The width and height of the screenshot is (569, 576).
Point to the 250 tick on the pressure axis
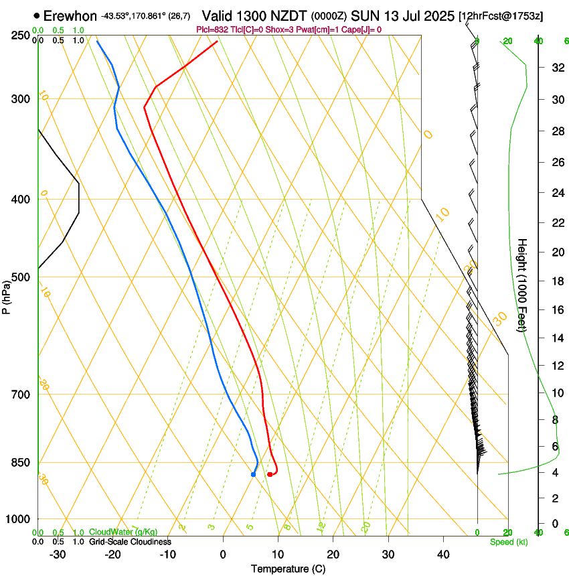coord(21,35)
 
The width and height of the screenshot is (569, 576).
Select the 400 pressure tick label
coord(21,200)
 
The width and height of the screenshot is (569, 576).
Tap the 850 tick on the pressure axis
coord(21,463)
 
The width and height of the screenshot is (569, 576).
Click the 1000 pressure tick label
coord(18,519)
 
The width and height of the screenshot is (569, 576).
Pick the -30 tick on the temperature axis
coord(58,555)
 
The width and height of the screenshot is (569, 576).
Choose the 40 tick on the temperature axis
coord(443,555)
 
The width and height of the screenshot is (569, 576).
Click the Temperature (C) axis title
coord(288,569)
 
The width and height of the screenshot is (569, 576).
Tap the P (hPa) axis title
coord(7,295)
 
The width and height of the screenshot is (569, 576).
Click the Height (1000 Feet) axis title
coord(523,285)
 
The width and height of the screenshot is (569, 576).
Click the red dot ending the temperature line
coord(270,474)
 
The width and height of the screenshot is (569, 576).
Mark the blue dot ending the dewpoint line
coord(253,474)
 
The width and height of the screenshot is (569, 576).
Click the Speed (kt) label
coord(509,542)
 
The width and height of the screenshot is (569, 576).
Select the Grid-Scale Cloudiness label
coord(130,542)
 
